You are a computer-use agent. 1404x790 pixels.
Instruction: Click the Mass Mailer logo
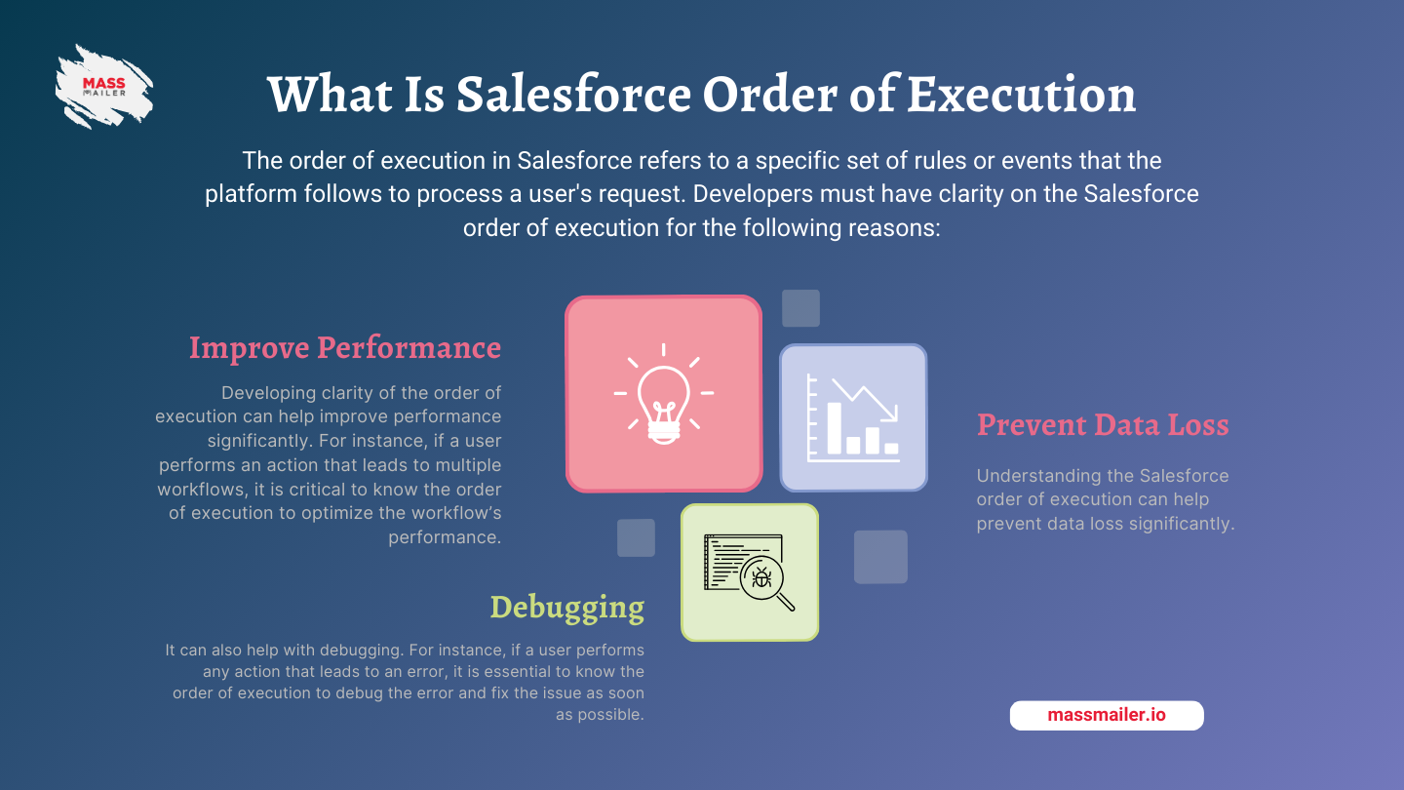click(x=104, y=87)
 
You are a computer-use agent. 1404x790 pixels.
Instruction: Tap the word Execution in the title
click(x=1021, y=94)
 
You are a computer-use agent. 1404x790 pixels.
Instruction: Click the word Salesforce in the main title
click(x=573, y=94)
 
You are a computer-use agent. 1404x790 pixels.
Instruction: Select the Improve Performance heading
click(x=345, y=348)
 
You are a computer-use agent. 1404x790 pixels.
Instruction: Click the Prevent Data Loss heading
click(x=1103, y=424)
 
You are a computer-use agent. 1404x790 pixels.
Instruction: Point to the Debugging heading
click(x=567, y=608)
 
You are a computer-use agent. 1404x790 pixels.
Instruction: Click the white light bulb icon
click(x=664, y=394)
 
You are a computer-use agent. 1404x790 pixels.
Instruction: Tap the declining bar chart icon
click(x=854, y=417)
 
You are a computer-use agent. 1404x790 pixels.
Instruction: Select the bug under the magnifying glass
click(x=761, y=577)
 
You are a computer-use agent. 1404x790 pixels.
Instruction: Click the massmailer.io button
click(x=1107, y=716)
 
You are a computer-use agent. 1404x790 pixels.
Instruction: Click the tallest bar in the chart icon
click(x=835, y=428)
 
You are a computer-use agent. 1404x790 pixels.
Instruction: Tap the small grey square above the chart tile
click(x=800, y=308)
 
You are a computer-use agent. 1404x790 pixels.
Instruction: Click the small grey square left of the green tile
click(x=636, y=537)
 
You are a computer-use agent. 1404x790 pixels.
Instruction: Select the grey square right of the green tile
click(x=880, y=557)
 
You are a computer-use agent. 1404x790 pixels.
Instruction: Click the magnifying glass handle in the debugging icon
click(x=786, y=602)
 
